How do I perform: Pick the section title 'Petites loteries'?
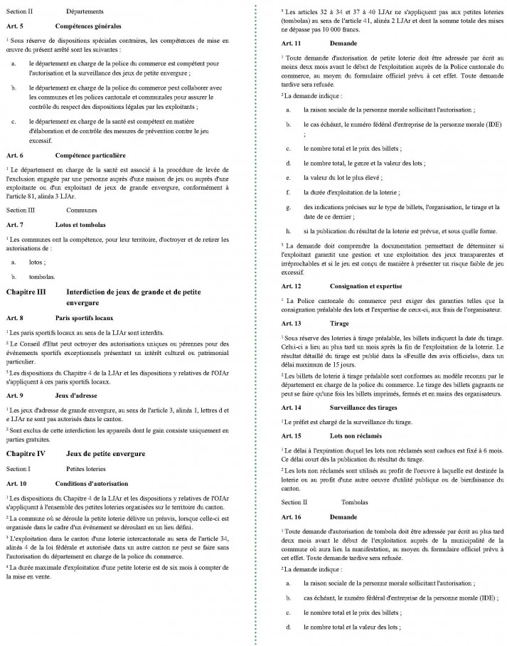coord(85,469)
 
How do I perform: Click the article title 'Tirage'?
coord(339,322)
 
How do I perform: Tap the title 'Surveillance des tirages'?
coord(369,408)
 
